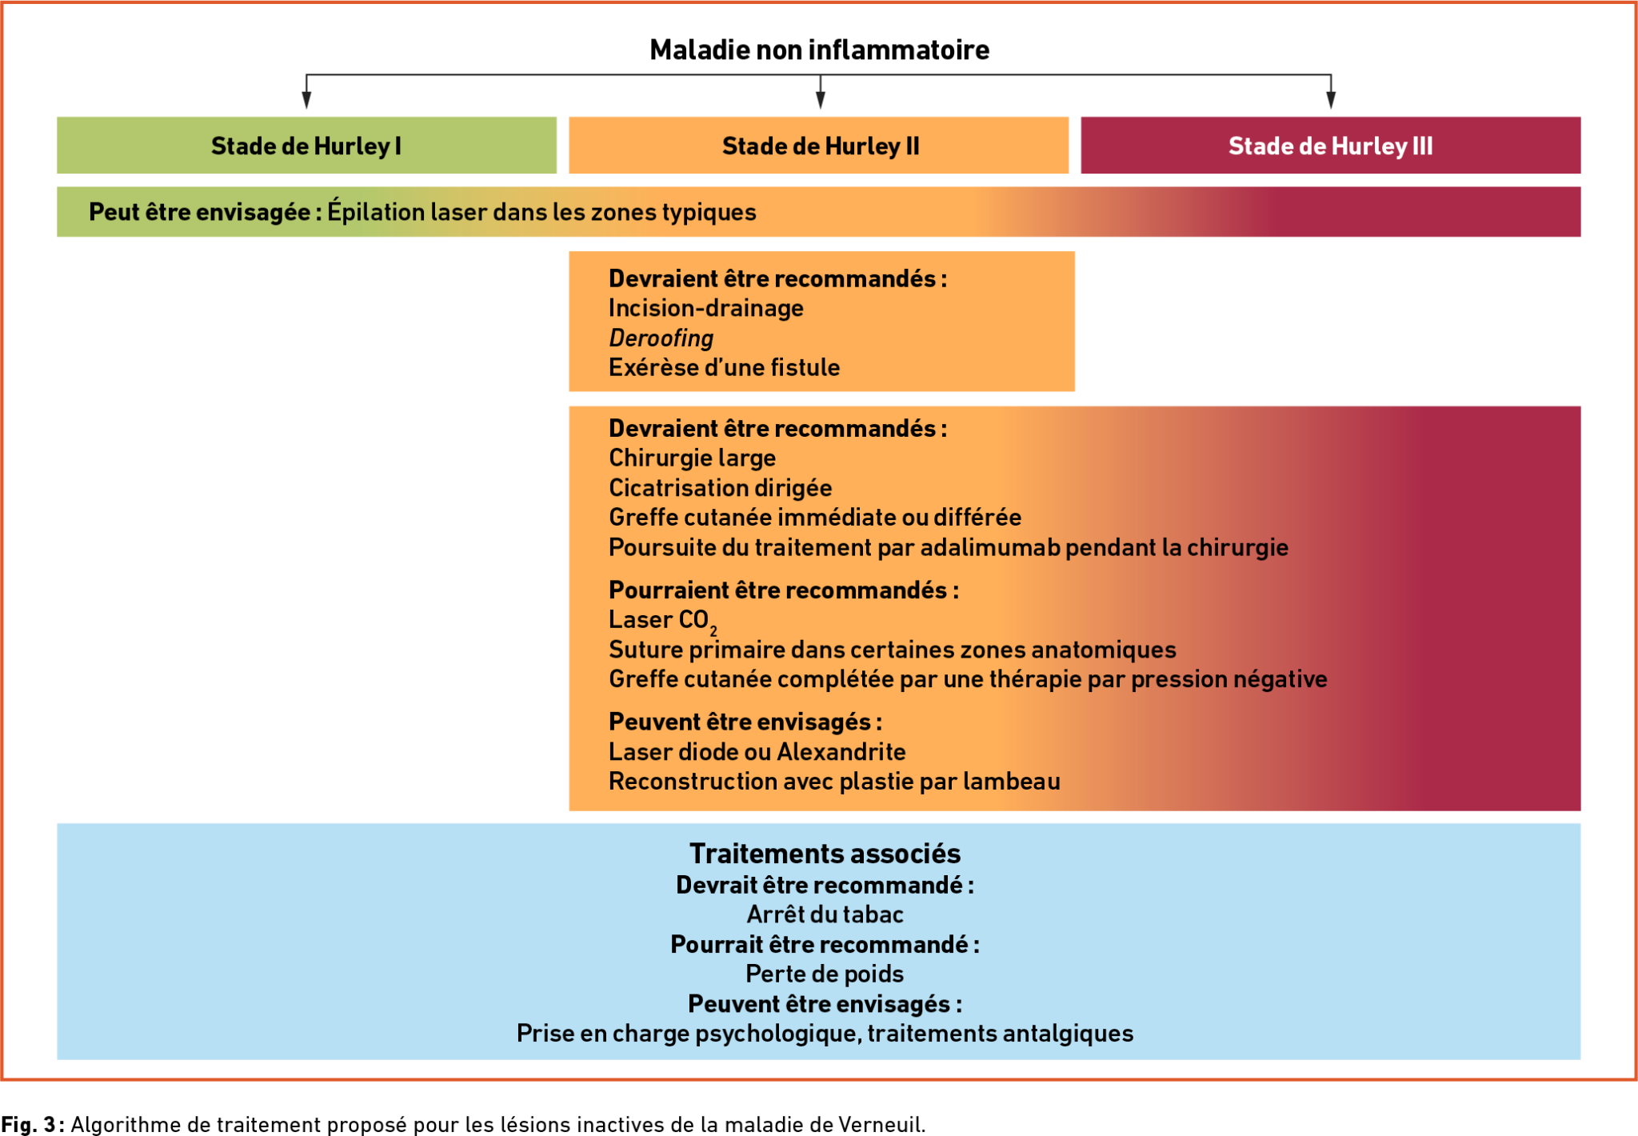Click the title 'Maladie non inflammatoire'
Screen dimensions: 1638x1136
coord(819,50)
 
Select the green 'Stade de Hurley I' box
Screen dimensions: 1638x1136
coord(306,145)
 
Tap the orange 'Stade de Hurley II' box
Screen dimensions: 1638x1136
coord(818,145)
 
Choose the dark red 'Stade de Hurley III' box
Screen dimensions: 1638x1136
coord(1330,145)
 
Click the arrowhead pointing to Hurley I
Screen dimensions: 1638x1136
coord(306,99)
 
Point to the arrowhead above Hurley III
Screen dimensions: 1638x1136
coord(1331,99)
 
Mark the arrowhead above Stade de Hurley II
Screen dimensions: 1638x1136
coord(820,99)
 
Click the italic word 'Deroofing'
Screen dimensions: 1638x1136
coord(661,338)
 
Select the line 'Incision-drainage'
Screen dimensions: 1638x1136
coord(705,308)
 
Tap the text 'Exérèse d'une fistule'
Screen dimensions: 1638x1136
coord(724,367)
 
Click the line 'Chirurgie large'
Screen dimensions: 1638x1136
coord(692,458)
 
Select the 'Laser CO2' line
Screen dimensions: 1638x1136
coord(663,621)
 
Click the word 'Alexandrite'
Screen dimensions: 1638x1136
coord(841,752)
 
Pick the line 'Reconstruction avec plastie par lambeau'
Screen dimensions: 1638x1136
coord(834,782)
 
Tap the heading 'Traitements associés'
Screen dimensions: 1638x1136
coord(825,854)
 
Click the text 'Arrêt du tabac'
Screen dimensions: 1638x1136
coord(825,914)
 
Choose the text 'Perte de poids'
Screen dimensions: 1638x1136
coord(825,974)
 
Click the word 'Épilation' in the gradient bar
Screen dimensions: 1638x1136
coord(375,212)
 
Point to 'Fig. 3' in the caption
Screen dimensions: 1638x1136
coord(28,1124)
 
